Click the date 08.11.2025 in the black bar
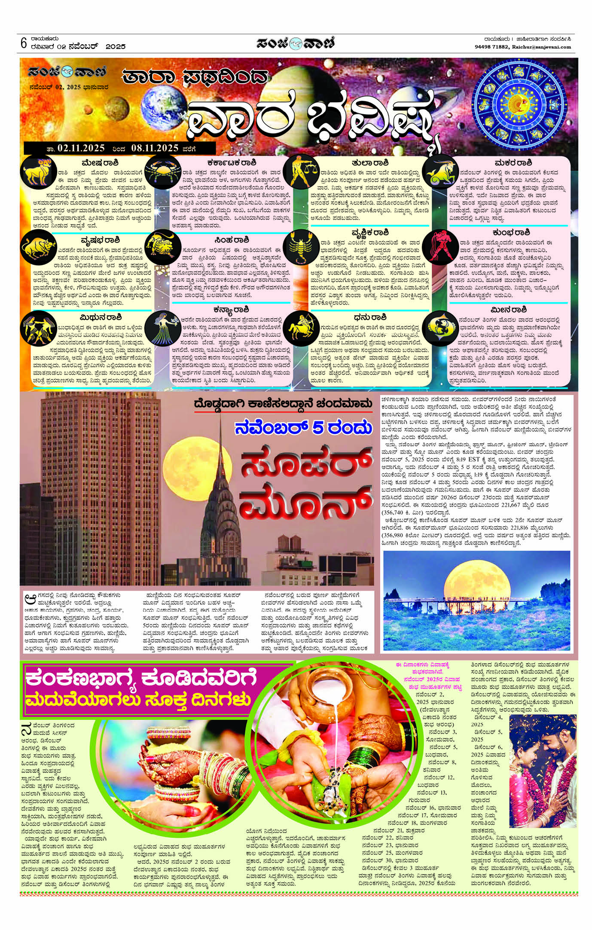[x=155, y=148]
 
